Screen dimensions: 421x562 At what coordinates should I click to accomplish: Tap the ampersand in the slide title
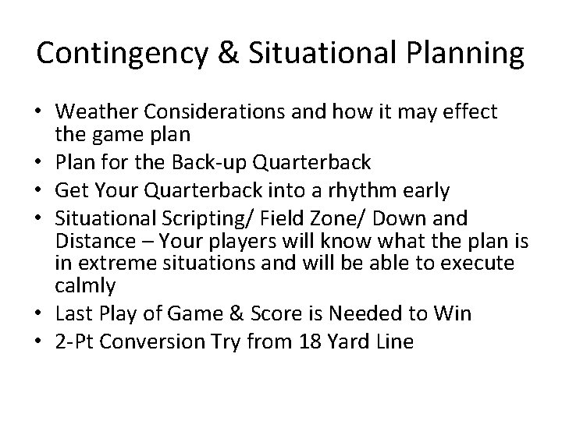[221, 53]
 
